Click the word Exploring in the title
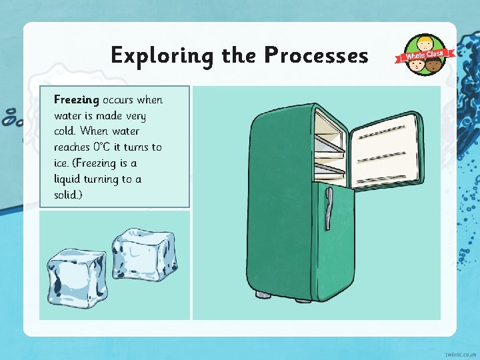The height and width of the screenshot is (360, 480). [162, 56]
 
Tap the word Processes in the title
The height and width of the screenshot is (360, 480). [316, 55]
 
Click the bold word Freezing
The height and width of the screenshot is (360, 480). [77, 101]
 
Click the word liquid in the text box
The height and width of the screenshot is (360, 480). [67, 179]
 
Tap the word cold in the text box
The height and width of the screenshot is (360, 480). [65, 131]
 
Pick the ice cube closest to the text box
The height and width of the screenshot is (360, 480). [145, 255]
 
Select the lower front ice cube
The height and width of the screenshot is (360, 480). [77, 278]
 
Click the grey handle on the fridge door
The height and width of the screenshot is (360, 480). [329, 209]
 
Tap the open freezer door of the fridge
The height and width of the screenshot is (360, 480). [387, 151]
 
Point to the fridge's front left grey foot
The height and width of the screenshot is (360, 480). [263, 295]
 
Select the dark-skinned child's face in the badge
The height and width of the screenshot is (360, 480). [433, 65]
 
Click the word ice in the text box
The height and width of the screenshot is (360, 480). [60, 163]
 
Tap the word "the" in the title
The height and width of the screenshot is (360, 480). [239, 55]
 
